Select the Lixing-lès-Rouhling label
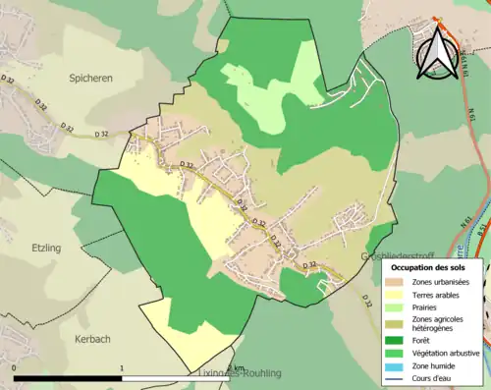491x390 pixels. pyautogui.click(x=240, y=373)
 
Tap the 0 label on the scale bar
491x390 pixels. pyautogui.click(x=16, y=368)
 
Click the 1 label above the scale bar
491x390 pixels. pyautogui.click(x=122, y=368)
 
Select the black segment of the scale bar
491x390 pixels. pyautogui.click(x=69, y=378)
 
